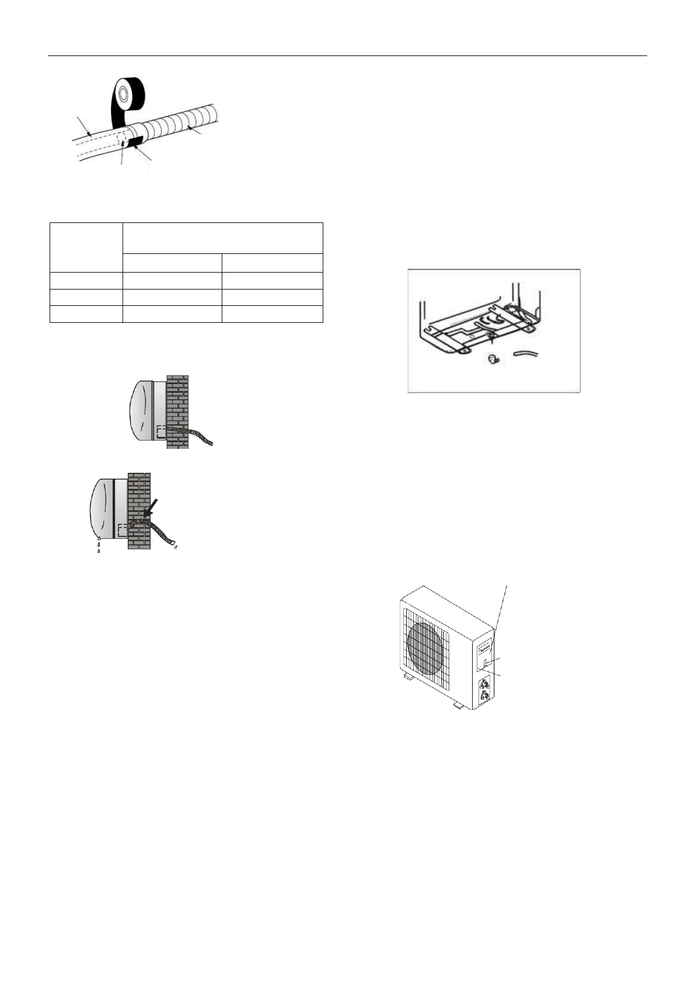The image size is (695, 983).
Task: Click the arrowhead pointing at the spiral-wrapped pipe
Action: point(194,132)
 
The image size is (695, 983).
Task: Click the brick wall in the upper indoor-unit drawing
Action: point(177,412)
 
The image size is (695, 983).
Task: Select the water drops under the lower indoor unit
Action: point(99,544)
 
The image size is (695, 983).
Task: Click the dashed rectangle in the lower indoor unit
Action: point(122,530)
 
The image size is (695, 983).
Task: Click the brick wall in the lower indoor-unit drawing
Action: point(139,511)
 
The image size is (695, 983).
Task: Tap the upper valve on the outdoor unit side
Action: point(484,685)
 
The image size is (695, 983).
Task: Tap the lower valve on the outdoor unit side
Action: point(483,696)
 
